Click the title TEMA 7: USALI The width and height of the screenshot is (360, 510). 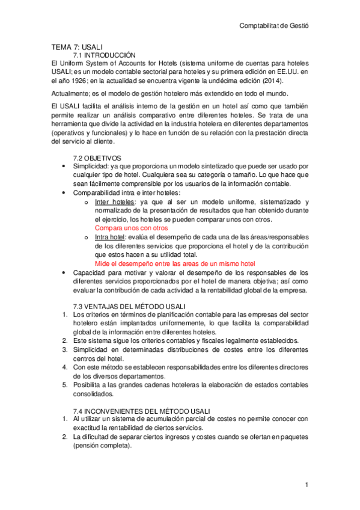(x=78, y=47)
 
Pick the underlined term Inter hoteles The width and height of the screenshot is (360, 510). (x=115, y=202)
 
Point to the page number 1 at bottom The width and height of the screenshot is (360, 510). (x=306, y=485)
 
